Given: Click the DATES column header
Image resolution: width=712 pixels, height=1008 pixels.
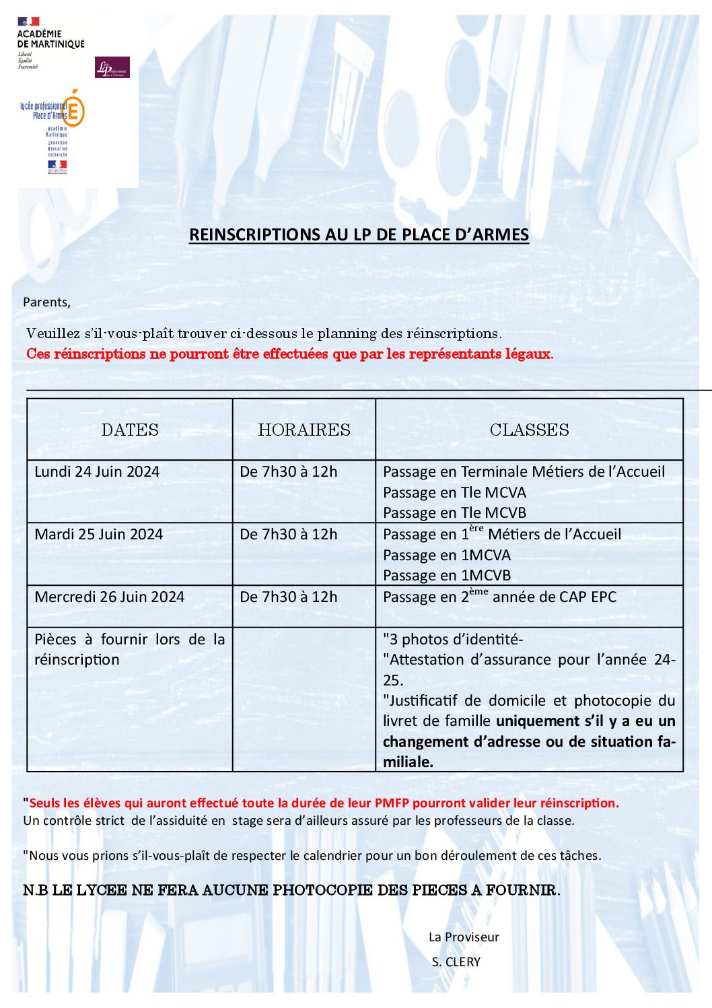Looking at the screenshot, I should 130,430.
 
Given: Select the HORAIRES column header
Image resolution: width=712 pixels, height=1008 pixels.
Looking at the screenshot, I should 304,430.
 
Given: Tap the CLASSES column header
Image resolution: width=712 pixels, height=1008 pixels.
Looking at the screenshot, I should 529,430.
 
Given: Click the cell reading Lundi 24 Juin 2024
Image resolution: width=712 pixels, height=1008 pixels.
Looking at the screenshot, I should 97,471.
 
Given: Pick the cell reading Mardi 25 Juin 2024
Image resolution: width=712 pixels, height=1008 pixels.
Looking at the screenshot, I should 99,534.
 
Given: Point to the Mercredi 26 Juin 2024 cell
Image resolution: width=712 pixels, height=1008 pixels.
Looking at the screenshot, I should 109,597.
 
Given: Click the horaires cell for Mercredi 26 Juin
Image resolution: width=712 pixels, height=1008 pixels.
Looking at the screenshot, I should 289,597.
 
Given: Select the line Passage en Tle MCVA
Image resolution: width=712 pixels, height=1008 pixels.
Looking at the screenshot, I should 454,492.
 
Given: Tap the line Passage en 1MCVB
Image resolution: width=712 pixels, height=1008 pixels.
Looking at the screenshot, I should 447,576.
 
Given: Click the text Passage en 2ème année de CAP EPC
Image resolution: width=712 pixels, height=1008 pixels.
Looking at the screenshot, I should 499,597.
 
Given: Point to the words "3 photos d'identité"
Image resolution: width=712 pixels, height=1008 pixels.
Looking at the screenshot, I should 453,639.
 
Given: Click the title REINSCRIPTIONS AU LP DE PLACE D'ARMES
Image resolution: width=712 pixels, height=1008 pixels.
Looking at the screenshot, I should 359,234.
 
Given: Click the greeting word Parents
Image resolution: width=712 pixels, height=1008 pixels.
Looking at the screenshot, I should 46,302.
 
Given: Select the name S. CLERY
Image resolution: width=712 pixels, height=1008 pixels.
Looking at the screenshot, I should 456,962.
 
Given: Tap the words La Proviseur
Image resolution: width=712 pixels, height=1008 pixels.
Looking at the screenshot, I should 464,937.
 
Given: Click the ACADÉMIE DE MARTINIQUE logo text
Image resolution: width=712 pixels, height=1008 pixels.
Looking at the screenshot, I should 50,39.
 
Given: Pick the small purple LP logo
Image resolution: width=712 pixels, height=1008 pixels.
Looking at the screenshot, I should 112,67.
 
